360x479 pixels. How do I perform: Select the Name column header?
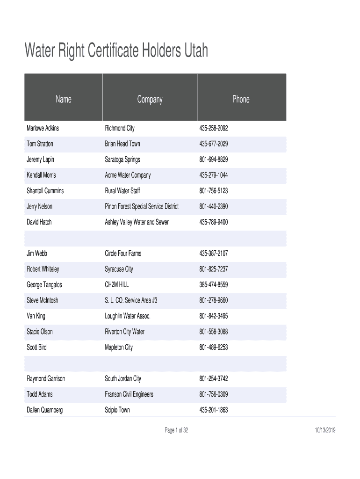pyautogui.click(x=63, y=99)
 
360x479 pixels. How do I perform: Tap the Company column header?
pyautogui.click(x=150, y=99)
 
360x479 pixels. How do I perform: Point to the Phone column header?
pyautogui.click(x=241, y=99)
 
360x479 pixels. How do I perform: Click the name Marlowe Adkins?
pyautogui.click(x=43, y=128)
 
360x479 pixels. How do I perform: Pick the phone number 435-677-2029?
pyautogui.click(x=214, y=144)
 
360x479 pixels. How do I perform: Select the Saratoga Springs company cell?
pyautogui.click(x=122, y=160)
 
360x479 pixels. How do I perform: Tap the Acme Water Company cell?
pyautogui.click(x=128, y=175)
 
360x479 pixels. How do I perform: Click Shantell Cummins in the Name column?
pyautogui.click(x=45, y=191)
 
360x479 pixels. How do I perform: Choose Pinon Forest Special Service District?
pyautogui.click(x=142, y=206)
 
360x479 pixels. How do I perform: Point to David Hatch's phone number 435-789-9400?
pyautogui.click(x=214, y=222)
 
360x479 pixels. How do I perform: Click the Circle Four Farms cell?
pyautogui.click(x=123, y=254)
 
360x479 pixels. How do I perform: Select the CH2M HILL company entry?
pyautogui.click(x=117, y=284)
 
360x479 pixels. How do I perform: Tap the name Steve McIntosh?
pyautogui.click(x=43, y=300)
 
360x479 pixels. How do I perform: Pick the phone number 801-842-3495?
pyautogui.click(x=214, y=316)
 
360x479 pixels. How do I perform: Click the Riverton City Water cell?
pyautogui.click(x=124, y=332)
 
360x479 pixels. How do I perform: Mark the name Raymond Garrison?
pyautogui.click(x=46, y=378)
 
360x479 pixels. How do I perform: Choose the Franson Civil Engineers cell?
pyautogui.click(x=129, y=394)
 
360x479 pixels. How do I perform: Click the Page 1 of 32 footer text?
pyautogui.click(x=176, y=430)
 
